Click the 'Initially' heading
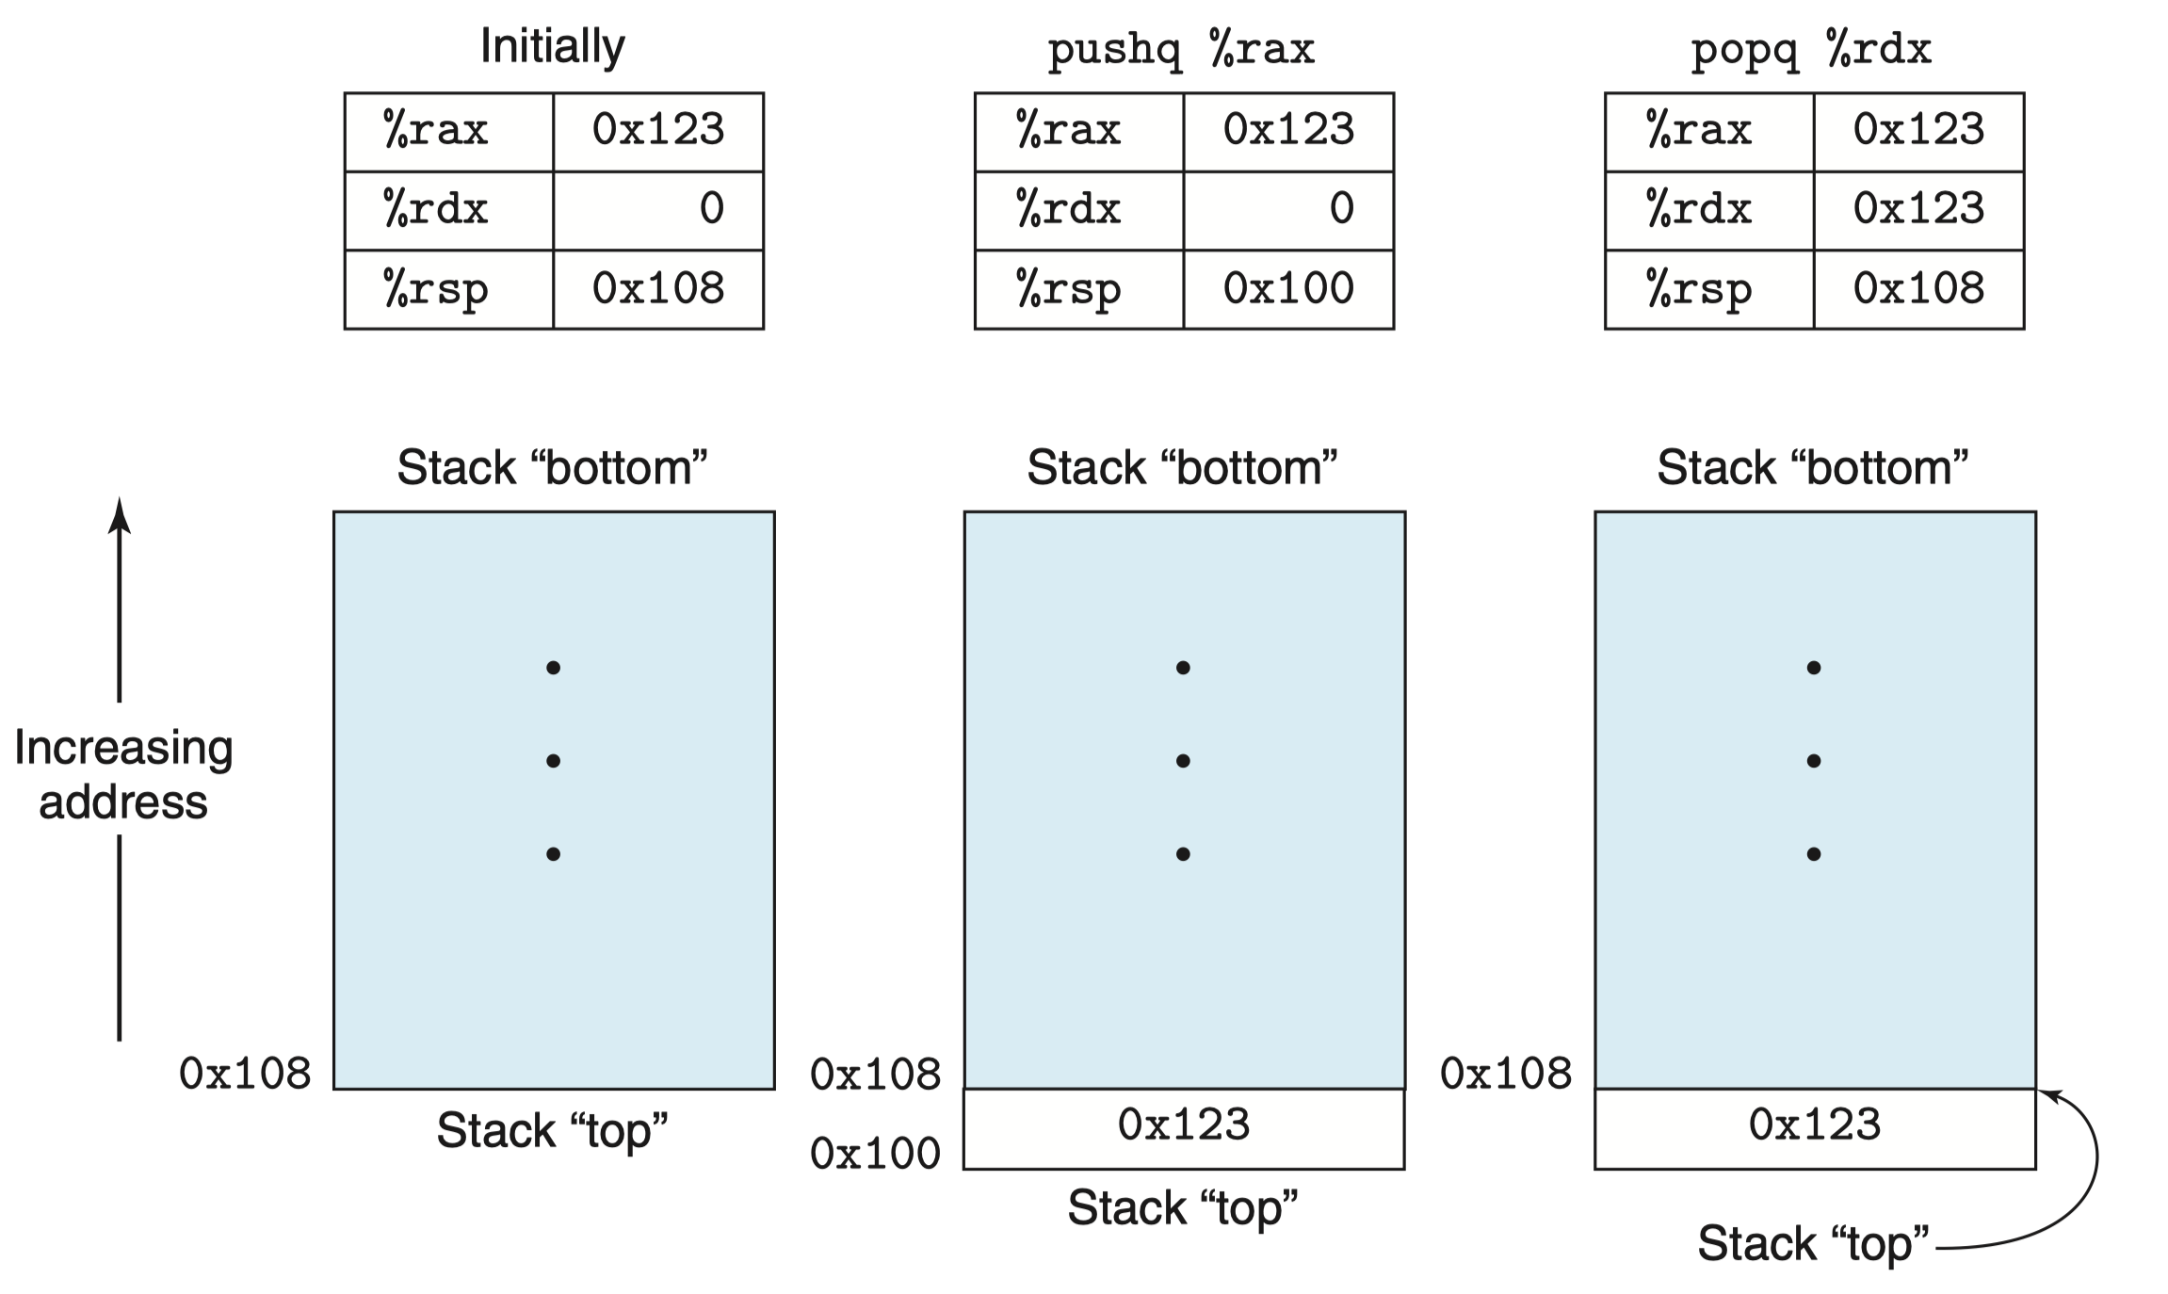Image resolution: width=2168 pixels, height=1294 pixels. (x=553, y=46)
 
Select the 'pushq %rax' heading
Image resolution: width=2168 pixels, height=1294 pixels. (x=1181, y=49)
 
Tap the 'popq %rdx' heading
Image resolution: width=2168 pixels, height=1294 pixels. (x=1811, y=49)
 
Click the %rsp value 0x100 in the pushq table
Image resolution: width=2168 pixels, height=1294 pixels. (x=1288, y=288)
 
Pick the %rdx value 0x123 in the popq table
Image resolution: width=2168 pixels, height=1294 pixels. (x=1918, y=208)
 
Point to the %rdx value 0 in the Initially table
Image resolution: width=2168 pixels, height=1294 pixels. (x=712, y=208)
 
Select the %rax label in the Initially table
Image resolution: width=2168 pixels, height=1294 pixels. (x=435, y=129)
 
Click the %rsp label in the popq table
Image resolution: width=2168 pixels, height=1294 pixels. (x=1699, y=289)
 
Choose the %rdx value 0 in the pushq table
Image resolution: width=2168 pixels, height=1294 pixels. (x=1342, y=208)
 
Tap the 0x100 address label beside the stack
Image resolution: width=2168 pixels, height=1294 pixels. (x=875, y=1153)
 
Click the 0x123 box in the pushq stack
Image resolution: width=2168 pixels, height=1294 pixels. (x=1184, y=1129)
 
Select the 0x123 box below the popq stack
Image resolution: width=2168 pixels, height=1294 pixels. (x=1815, y=1129)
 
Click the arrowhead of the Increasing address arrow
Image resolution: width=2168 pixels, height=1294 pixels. (x=119, y=513)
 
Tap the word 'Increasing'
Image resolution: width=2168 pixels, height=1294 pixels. (x=123, y=749)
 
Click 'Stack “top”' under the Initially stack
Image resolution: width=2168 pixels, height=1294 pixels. (x=552, y=1129)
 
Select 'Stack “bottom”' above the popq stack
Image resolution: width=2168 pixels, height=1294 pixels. (x=1813, y=467)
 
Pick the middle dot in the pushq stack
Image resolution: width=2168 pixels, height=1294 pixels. (x=1183, y=761)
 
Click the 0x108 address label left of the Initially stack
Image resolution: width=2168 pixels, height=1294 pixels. (x=245, y=1074)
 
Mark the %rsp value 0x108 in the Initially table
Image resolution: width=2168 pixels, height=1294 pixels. (x=658, y=288)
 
